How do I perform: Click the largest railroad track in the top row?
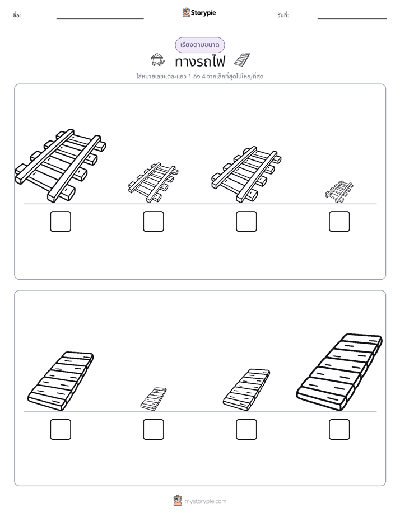[x=61, y=166]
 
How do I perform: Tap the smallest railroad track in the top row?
[x=339, y=191]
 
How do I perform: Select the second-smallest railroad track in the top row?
[x=153, y=182]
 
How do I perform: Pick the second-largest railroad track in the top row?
[x=246, y=175]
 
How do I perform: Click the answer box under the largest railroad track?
[x=61, y=222]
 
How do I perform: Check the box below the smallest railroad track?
[x=339, y=222]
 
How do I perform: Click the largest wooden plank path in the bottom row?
[x=339, y=372]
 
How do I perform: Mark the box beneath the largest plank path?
[x=339, y=430]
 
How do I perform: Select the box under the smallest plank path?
[x=154, y=430]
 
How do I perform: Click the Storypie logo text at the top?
[x=203, y=13]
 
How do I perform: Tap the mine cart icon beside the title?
[x=157, y=60]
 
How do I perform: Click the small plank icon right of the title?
[x=242, y=59]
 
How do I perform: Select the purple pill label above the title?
[x=200, y=45]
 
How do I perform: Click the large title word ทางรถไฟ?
[x=200, y=62]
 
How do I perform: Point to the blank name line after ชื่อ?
[x=100, y=19]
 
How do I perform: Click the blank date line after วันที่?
[x=352, y=19]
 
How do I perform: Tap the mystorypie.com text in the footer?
[x=205, y=501]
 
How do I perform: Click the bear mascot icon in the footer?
[x=178, y=501]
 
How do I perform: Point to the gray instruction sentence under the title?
[x=200, y=77]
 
